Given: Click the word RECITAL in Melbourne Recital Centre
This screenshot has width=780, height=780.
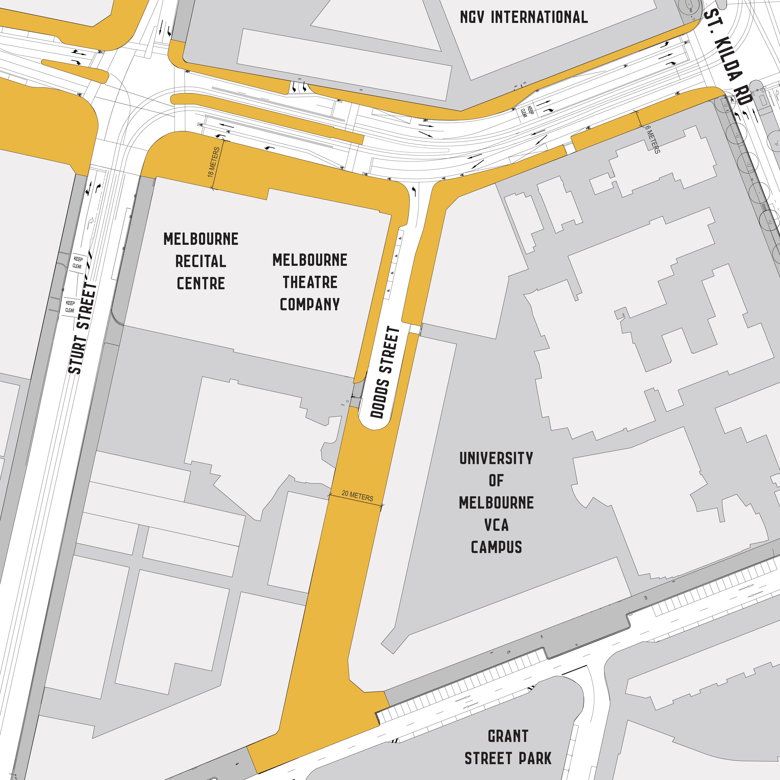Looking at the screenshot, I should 201,261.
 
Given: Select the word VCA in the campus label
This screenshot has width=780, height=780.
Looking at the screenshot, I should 496,525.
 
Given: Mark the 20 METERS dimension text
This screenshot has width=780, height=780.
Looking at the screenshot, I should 357,496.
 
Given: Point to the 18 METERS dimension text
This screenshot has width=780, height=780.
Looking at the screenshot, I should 214,162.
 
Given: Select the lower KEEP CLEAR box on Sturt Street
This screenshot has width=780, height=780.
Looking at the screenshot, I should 70,306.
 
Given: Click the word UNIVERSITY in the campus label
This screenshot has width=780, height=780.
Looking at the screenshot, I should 496,458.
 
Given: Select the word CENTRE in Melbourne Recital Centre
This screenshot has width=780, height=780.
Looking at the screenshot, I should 201,283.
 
